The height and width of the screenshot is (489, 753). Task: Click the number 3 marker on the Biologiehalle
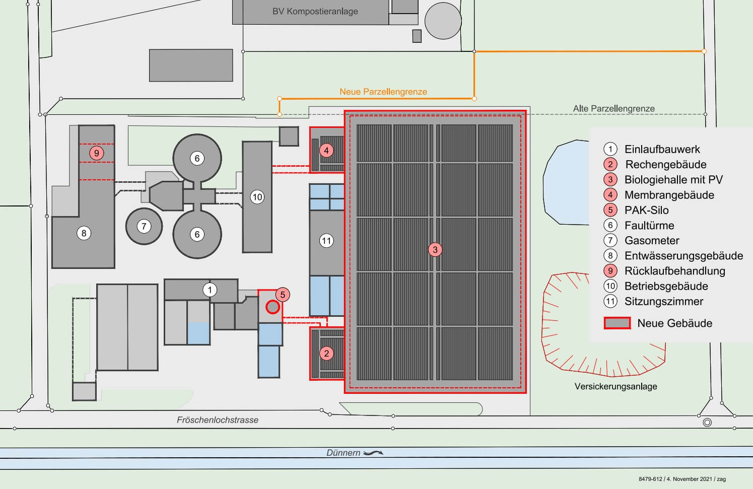coord(435,250)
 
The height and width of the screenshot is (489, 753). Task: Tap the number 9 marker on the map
coord(97,153)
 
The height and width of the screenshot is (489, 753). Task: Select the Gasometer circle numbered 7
coord(144,226)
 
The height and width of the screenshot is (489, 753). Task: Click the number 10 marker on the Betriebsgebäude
coord(257,197)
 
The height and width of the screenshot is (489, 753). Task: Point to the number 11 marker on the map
coord(326,241)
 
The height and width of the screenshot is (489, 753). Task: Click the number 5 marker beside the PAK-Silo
coord(283,295)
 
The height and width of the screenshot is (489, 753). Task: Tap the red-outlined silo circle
coord(272,307)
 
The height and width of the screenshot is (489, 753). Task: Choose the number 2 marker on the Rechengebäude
coord(326,354)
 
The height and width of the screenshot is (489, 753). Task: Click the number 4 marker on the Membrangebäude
coord(326,151)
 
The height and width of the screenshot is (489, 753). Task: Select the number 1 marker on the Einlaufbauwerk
coord(210,290)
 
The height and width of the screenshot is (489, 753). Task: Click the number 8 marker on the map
coord(84,233)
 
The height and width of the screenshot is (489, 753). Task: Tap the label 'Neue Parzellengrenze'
coord(383,92)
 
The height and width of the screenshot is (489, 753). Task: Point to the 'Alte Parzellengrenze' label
coord(614,109)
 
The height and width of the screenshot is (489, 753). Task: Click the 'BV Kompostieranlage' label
coord(315,12)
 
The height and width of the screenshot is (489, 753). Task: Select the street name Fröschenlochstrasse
coord(218,420)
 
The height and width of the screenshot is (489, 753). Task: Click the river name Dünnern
coord(343,453)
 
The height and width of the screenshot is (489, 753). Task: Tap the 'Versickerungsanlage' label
coord(615,386)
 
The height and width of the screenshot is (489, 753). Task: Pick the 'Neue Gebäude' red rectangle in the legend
coord(617,323)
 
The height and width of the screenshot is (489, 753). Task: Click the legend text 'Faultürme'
coord(649,225)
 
